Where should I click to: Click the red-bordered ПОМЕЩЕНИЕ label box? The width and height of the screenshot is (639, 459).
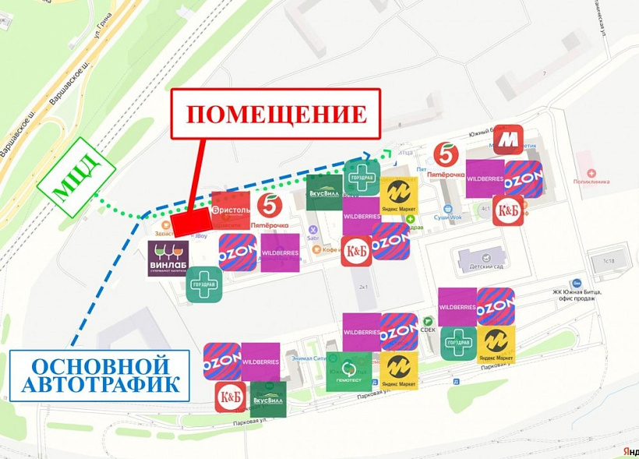pyautogui.click(x=276, y=114)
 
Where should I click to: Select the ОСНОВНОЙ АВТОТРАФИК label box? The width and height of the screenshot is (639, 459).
pyautogui.click(x=100, y=375)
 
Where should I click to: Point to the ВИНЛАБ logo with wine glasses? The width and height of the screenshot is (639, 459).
pyautogui.click(x=168, y=259)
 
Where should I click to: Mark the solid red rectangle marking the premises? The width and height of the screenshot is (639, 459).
pyautogui.click(x=191, y=222)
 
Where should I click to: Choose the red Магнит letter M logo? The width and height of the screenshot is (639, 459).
pyautogui.click(x=508, y=139)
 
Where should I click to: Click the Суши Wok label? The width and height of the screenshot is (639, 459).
pyautogui.click(x=448, y=217)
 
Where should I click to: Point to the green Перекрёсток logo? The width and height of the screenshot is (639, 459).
pyautogui.click(x=349, y=372)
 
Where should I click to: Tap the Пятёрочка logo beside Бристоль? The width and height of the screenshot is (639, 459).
pyautogui.click(x=269, y=207)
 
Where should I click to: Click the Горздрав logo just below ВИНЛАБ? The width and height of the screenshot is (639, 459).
pyautogui.click(x=204, y=284)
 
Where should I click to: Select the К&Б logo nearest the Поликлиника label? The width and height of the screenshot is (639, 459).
pyautogui.click(x=507, y=210)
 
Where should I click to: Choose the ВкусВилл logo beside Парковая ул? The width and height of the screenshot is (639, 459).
pyautogui.click(x=267, y=399)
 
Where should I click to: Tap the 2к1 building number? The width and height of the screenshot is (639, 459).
pyautogui.click(x=363, y=287)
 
